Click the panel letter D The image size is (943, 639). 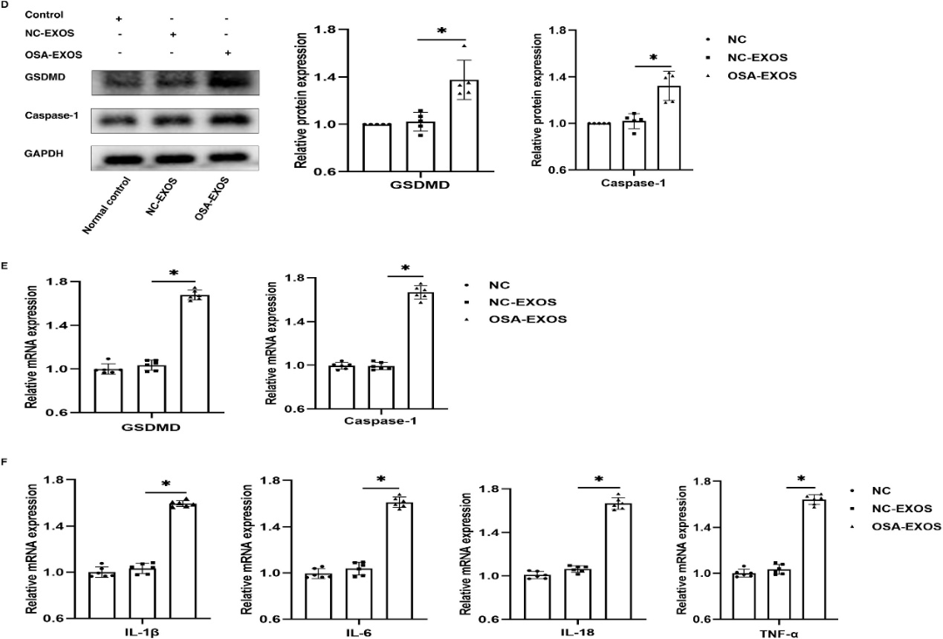[x=5, y=5]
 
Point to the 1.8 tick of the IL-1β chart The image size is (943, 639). [x=60, y=481]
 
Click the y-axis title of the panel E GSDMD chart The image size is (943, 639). [x=31, y=345]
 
